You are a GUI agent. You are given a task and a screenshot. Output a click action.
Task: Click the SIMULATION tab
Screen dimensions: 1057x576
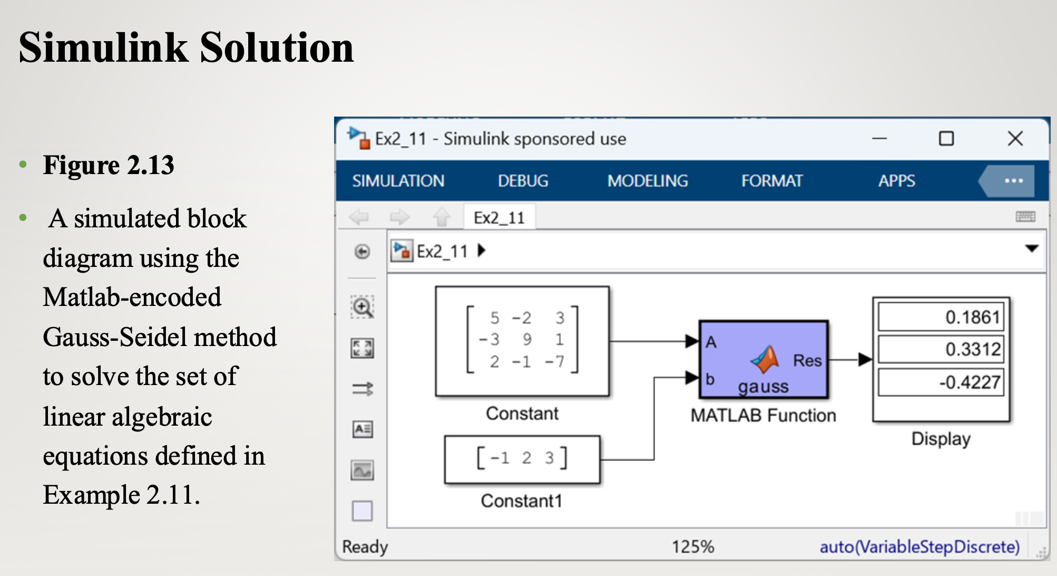click(398, 181)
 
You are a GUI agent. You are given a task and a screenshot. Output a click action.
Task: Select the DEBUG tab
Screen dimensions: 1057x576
click(523, 181)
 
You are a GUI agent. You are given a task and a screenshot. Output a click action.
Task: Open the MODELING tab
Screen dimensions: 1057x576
click(648, 181)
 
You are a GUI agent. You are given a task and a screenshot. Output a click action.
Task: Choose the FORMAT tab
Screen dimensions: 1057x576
click(772, 181)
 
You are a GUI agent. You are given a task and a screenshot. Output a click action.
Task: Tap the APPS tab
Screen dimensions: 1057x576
click(896, 181)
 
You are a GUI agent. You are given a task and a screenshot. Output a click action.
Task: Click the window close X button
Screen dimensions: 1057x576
click(1015, 139)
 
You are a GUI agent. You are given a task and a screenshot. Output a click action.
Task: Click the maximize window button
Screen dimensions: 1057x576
click(946, 139)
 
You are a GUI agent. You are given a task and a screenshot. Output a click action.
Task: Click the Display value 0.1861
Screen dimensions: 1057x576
click(972, 317)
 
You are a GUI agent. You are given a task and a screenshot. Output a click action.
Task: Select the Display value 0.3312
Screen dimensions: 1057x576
click(973, 349)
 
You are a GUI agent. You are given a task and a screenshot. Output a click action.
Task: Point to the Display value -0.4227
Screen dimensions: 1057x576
click(970, 382)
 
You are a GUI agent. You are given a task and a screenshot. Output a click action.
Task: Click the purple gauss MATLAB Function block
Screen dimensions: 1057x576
click(764, 359)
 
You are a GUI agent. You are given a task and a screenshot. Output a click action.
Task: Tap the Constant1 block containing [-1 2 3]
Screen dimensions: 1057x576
click(522, 459)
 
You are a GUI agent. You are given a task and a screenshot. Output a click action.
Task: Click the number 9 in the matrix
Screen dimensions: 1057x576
click(527, 339)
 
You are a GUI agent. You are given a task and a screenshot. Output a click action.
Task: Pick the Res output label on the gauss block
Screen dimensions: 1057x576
click(807, 360)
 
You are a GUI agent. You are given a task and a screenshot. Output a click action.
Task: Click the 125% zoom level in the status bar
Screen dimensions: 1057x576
click(693, 546)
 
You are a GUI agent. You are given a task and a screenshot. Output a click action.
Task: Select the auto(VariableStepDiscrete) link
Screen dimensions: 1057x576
click(919, 546)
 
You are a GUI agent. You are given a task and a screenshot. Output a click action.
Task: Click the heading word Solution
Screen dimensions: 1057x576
click(277, 47)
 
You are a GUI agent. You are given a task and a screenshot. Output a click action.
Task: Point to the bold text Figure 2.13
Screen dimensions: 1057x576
click(109, 165)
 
